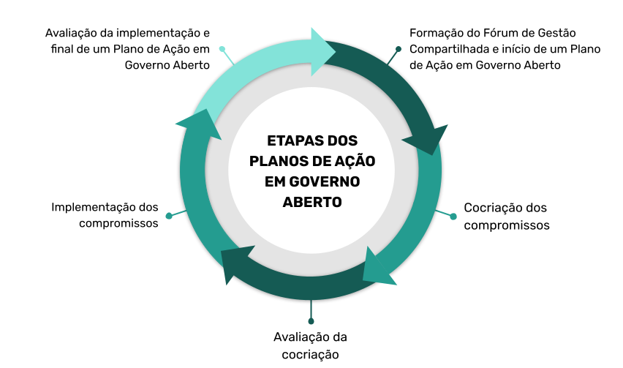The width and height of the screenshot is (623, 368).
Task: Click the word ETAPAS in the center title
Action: coord(292,140)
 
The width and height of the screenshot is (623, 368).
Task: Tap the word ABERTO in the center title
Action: coord(312,202)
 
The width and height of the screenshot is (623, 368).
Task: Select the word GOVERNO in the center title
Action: coord(324,181)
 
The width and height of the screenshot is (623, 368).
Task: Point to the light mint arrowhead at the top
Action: coord(323,52)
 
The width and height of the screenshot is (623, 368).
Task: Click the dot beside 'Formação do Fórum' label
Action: coord(398,49)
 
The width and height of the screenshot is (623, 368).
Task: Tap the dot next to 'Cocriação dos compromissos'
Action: coord(453,216)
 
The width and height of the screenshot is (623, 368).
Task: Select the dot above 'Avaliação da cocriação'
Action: coord(311,320)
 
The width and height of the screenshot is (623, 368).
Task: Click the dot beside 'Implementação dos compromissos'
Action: coord(169,216)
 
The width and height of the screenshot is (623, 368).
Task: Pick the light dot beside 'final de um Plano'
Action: coord(222,49)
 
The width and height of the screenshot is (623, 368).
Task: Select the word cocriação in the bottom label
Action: coord(310,354)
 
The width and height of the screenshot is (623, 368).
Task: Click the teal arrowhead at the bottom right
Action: coord(380,266)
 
